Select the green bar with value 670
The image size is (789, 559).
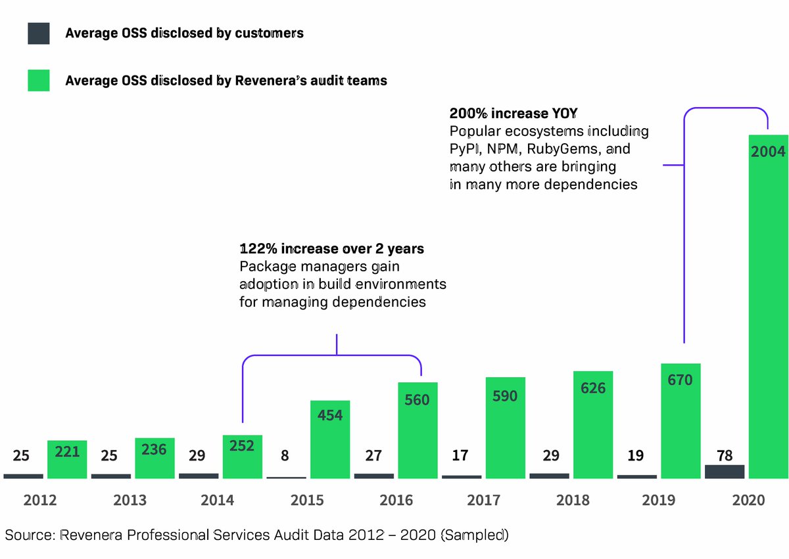click(x=681, y=420)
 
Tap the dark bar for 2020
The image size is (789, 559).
click(x=725, y=472)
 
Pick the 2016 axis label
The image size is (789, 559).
click(x=396, y=501)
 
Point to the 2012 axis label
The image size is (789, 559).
click(x=40, y=501)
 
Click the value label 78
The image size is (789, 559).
click(x=725, y=455)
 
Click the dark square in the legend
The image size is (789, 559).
click(x=39, y=34)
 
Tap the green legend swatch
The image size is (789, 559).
click(x=39, y=81)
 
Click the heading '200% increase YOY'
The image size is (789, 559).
click(x=514, y=114)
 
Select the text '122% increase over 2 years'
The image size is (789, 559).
click(x=332, y=249)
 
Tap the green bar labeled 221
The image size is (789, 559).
click(x=67, y=459)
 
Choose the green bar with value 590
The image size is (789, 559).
click(x=505, y=428)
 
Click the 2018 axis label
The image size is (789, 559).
click(x=573, y=501)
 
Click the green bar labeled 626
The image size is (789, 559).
click(x=593, y=424)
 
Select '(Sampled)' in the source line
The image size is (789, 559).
click(x=474, y=535)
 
